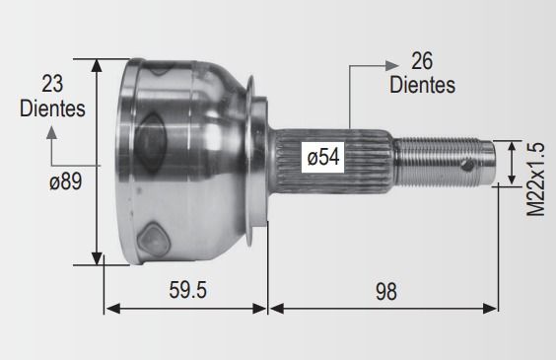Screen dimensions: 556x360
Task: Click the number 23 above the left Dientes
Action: (x=52, y=84)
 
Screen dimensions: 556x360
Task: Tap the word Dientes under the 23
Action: (x=52, y=108)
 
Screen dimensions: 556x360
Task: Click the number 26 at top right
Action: (x=422, y=60)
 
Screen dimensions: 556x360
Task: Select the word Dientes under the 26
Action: (x=422, y=85)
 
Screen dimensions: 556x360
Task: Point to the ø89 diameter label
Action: (x=66, y=180)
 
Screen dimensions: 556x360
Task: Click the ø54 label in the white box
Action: (x=323, y=157)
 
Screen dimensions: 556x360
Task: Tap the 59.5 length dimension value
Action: (x=187, y=290)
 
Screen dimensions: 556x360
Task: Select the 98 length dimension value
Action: (x=386, y=292)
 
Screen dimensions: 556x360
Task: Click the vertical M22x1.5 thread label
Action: (x=535, y=180)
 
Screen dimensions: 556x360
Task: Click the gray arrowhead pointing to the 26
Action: (x=392, y=66)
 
